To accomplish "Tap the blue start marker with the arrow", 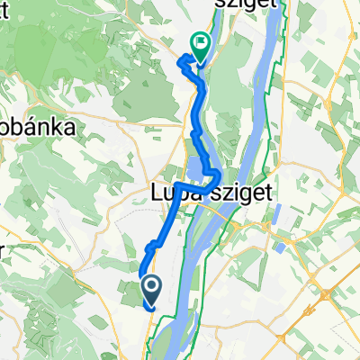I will [151, 289].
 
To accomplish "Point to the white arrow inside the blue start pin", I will [151, 287].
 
